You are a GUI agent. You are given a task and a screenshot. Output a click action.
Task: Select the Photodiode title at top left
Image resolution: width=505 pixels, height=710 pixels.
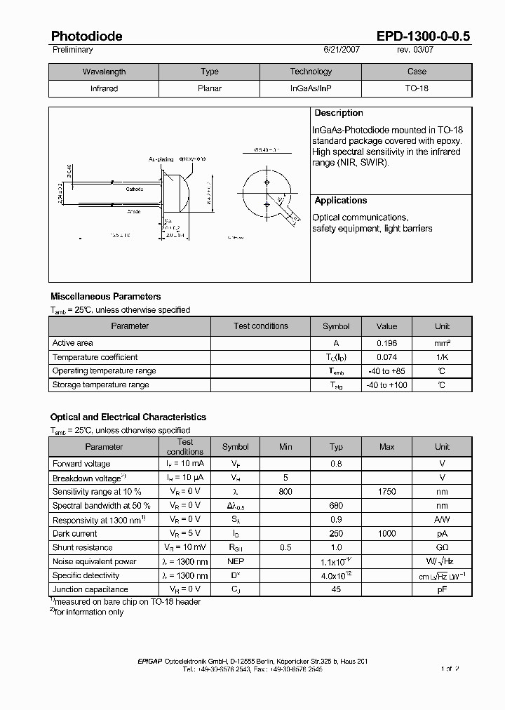pos(86,36)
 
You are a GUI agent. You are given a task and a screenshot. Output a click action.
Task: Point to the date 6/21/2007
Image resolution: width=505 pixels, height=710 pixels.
pos(342,51)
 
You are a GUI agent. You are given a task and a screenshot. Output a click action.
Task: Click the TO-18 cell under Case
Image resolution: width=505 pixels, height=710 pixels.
pos(417,89)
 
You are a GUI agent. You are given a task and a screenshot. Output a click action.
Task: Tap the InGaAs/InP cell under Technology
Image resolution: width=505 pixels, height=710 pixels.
pos(311,89)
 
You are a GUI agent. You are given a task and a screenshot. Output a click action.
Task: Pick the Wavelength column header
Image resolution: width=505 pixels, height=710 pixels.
pos(104,72)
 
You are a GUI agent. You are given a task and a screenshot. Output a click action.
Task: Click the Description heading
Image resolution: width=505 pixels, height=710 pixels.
pos(338,113)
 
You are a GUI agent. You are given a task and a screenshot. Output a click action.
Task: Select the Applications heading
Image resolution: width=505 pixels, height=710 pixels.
pos(340,201)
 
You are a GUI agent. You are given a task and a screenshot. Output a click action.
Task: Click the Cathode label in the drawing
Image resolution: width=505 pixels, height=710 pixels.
pos(135,189)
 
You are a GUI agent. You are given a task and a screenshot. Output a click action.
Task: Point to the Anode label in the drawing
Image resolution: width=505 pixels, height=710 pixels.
pos(134,211)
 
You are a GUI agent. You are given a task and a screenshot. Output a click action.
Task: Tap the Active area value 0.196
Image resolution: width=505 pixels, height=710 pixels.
pos(386,343)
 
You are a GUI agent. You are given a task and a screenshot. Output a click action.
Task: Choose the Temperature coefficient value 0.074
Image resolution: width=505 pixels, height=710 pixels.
pos(386,357)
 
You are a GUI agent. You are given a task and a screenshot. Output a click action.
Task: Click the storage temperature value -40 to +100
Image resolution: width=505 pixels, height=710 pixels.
pos(386,385)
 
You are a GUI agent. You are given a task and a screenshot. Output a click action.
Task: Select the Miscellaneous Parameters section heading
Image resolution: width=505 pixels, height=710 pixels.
pos(105,297)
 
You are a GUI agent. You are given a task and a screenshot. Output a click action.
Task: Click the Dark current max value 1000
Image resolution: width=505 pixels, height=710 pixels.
pos(386,534)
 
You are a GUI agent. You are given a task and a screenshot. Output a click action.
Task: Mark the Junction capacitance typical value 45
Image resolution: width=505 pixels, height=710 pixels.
pos(336,590)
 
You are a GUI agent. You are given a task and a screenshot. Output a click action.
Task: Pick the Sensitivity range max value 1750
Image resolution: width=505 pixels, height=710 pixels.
pos(386,492)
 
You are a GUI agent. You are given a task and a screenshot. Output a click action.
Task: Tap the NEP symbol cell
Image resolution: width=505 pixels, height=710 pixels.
pos(235,562)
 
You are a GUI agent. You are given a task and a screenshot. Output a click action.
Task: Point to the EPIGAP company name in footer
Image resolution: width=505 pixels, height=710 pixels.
pos(152,662)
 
